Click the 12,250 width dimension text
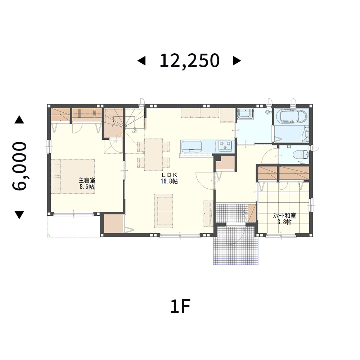click(189, 60)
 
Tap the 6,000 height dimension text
click(19, 166)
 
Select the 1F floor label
click(180, 306)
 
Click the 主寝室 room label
click(87, 180)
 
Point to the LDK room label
click(169, 175)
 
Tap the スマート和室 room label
click(284, 216)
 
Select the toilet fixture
click(301, 154)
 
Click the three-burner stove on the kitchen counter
click(225, 146)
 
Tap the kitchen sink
click(192, 146)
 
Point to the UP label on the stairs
click(135, 131)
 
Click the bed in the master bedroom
click(73, 176)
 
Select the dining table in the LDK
click(153, 154)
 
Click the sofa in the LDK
click(163, 211)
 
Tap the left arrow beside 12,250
click(141, 61)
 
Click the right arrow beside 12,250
click(237, 61)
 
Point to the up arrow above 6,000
click(19, 120)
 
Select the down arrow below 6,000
click(19, 215)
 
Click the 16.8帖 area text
click(169, 181)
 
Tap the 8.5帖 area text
click(87, 186)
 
